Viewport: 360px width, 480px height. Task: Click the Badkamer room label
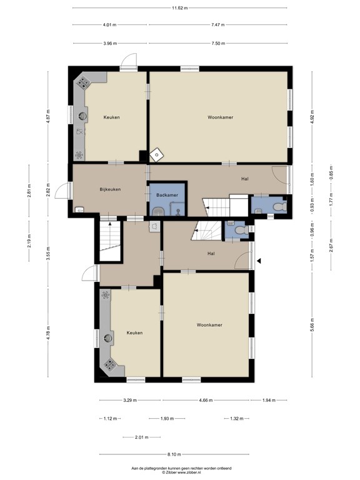pyautogui.click(x=167, y=195)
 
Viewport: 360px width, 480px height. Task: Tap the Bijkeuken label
pyautogui.click(x=110, y=189)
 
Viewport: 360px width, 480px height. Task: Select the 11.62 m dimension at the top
pyautogui.click(x=180, y=8)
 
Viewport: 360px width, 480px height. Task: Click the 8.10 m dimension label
pyautogui.click(x=174, y=454)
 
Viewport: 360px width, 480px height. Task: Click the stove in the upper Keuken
pyautogui.click(x=83, y=82)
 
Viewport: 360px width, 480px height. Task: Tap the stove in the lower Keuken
pyautogui.click(x=109, y=365)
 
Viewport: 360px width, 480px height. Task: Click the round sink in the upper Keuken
pyautogui.click(x=82, y=116)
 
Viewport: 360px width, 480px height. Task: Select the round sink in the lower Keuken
pyautogui.click(x=108, y=338)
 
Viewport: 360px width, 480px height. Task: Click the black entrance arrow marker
pyautogui.click(x=259, y=261)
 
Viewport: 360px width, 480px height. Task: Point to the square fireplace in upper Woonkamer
pyautogui.click(x=157, y=155)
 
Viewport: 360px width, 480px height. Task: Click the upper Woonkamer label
pyautogui.click(x=221, y=117)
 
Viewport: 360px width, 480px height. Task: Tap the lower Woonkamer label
pyautogui.click(x=209, y=325)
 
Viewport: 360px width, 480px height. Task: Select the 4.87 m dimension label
pyautogui.click(x=47, y=117)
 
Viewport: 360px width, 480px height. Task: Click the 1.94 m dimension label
pyautogui.click(x=269, y=400)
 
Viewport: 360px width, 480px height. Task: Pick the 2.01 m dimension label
pyautogui.click(x=142, y=437)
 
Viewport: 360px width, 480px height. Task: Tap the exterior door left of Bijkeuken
pyautogui.click(x=62, y=191)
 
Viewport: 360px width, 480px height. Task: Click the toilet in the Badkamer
pyautogui.click(x=158, y=211)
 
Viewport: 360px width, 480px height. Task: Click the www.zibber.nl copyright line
pyautogui.click(x=181, y=472)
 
